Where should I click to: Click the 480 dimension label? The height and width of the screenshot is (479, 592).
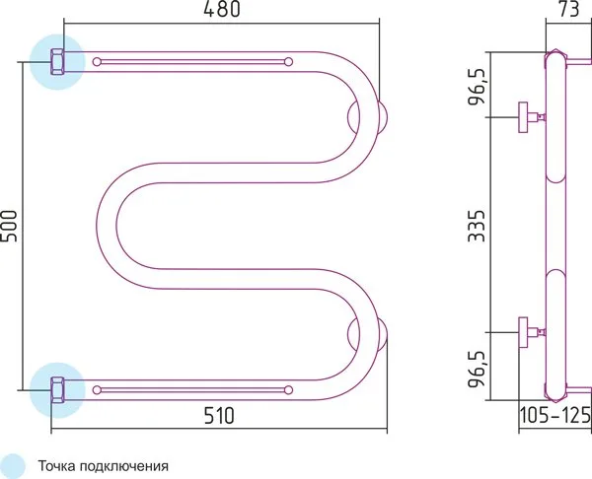coord(222,10)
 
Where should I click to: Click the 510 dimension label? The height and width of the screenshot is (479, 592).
coord(219,416)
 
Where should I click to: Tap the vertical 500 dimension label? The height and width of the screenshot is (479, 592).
coord(9,227)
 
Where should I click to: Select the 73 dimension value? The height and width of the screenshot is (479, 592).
coord(568,10)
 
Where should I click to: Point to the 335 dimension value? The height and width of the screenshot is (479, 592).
coord(476,226)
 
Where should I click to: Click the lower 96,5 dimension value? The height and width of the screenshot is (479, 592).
coord(477,369)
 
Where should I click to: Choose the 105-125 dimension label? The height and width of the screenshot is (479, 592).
coord(555,416)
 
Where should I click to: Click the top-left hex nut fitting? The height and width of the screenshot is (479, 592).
coord(57,62)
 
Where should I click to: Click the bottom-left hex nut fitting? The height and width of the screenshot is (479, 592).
coord(57,390)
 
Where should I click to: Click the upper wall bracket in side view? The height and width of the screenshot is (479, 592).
coord(532,117)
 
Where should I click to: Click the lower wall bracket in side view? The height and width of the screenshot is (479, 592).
coord(532,332)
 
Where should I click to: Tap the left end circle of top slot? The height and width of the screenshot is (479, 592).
coord(97,62)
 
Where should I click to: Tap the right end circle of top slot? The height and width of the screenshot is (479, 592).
coord(288,62)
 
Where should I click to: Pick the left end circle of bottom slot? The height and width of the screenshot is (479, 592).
coord(97,390)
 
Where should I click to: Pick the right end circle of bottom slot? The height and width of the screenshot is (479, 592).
coord(288,390)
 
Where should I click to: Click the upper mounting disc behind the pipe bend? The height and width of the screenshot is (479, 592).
coord(382,117)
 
